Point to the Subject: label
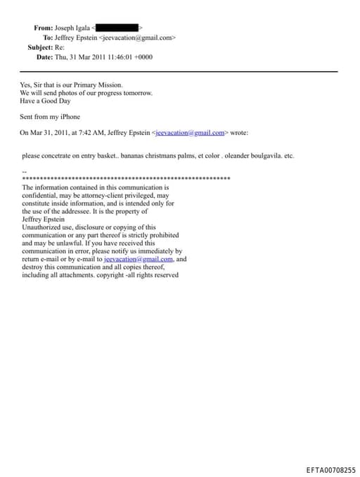pyautogui.click(x=40, y=47)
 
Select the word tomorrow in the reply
pyautogui.click(x=138, y=93)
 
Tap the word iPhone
pyautogui.click(x=68, y=117)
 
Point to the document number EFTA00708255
pyautogui.click(x=330, y=469)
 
